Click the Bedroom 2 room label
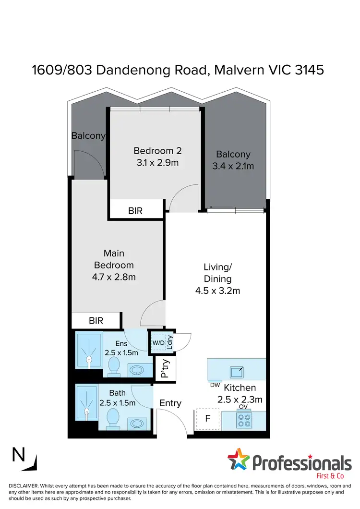point(157,151)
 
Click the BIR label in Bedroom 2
point(135,210)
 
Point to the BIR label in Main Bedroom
point(96,321)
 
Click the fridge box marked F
point(208,418)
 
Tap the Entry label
point(170,403)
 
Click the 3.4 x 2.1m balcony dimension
point(233,166)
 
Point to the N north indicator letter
point(19,454)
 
